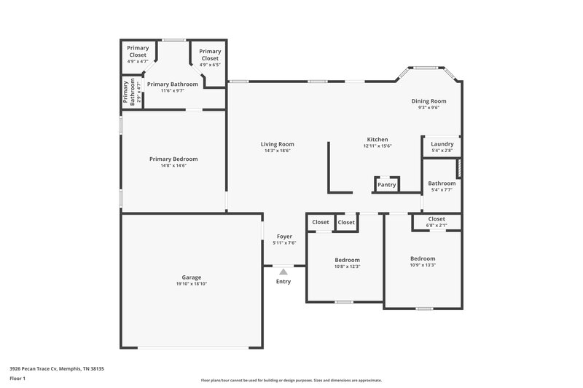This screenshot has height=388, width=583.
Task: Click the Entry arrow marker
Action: (283, 272)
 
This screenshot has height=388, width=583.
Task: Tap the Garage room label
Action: (192, 277)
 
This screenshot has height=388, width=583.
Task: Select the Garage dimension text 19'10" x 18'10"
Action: (192, 284)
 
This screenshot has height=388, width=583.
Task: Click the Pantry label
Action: (386, 185)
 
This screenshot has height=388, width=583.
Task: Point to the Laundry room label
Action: (442, 144)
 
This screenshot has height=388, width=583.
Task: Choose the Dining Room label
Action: (429, 101)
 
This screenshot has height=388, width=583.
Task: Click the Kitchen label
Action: (377, 140)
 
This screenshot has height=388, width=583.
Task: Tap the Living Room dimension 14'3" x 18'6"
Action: (277, 151)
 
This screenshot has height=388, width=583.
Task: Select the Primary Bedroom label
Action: (173, 159)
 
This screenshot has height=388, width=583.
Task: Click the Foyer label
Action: (285, 237)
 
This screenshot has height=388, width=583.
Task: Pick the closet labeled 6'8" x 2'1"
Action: (437, 226)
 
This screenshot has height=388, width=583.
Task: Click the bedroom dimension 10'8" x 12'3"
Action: (347, 266)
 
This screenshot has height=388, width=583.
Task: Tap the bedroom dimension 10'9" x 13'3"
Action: (423, 265)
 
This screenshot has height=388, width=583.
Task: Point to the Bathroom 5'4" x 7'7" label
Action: (442, 183)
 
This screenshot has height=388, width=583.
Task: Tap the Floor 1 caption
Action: (17, 379)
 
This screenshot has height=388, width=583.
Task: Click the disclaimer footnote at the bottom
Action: (291, 380)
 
